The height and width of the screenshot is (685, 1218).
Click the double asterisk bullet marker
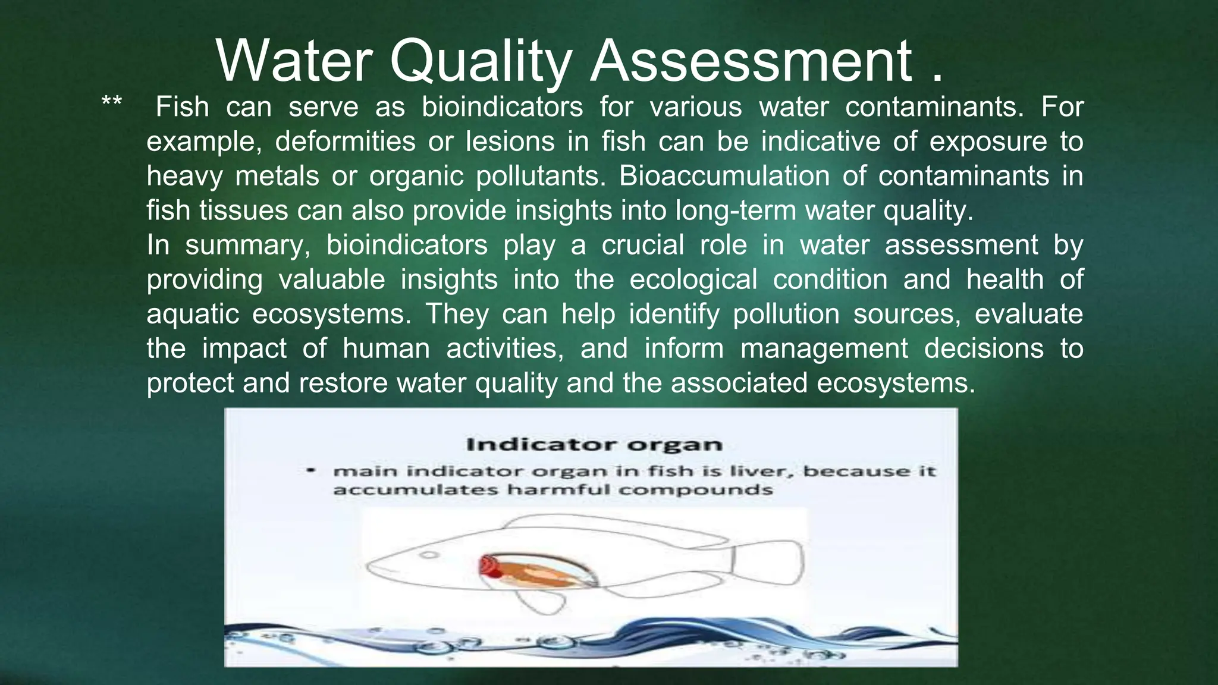(x=111, y=102)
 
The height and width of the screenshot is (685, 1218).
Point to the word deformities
(x=345, y=142)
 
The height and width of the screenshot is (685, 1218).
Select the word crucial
(x=642, y=246)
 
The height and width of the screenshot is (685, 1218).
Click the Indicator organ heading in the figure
(x=594, y=445)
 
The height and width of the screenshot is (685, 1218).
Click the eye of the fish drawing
(x=429, y=555)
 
